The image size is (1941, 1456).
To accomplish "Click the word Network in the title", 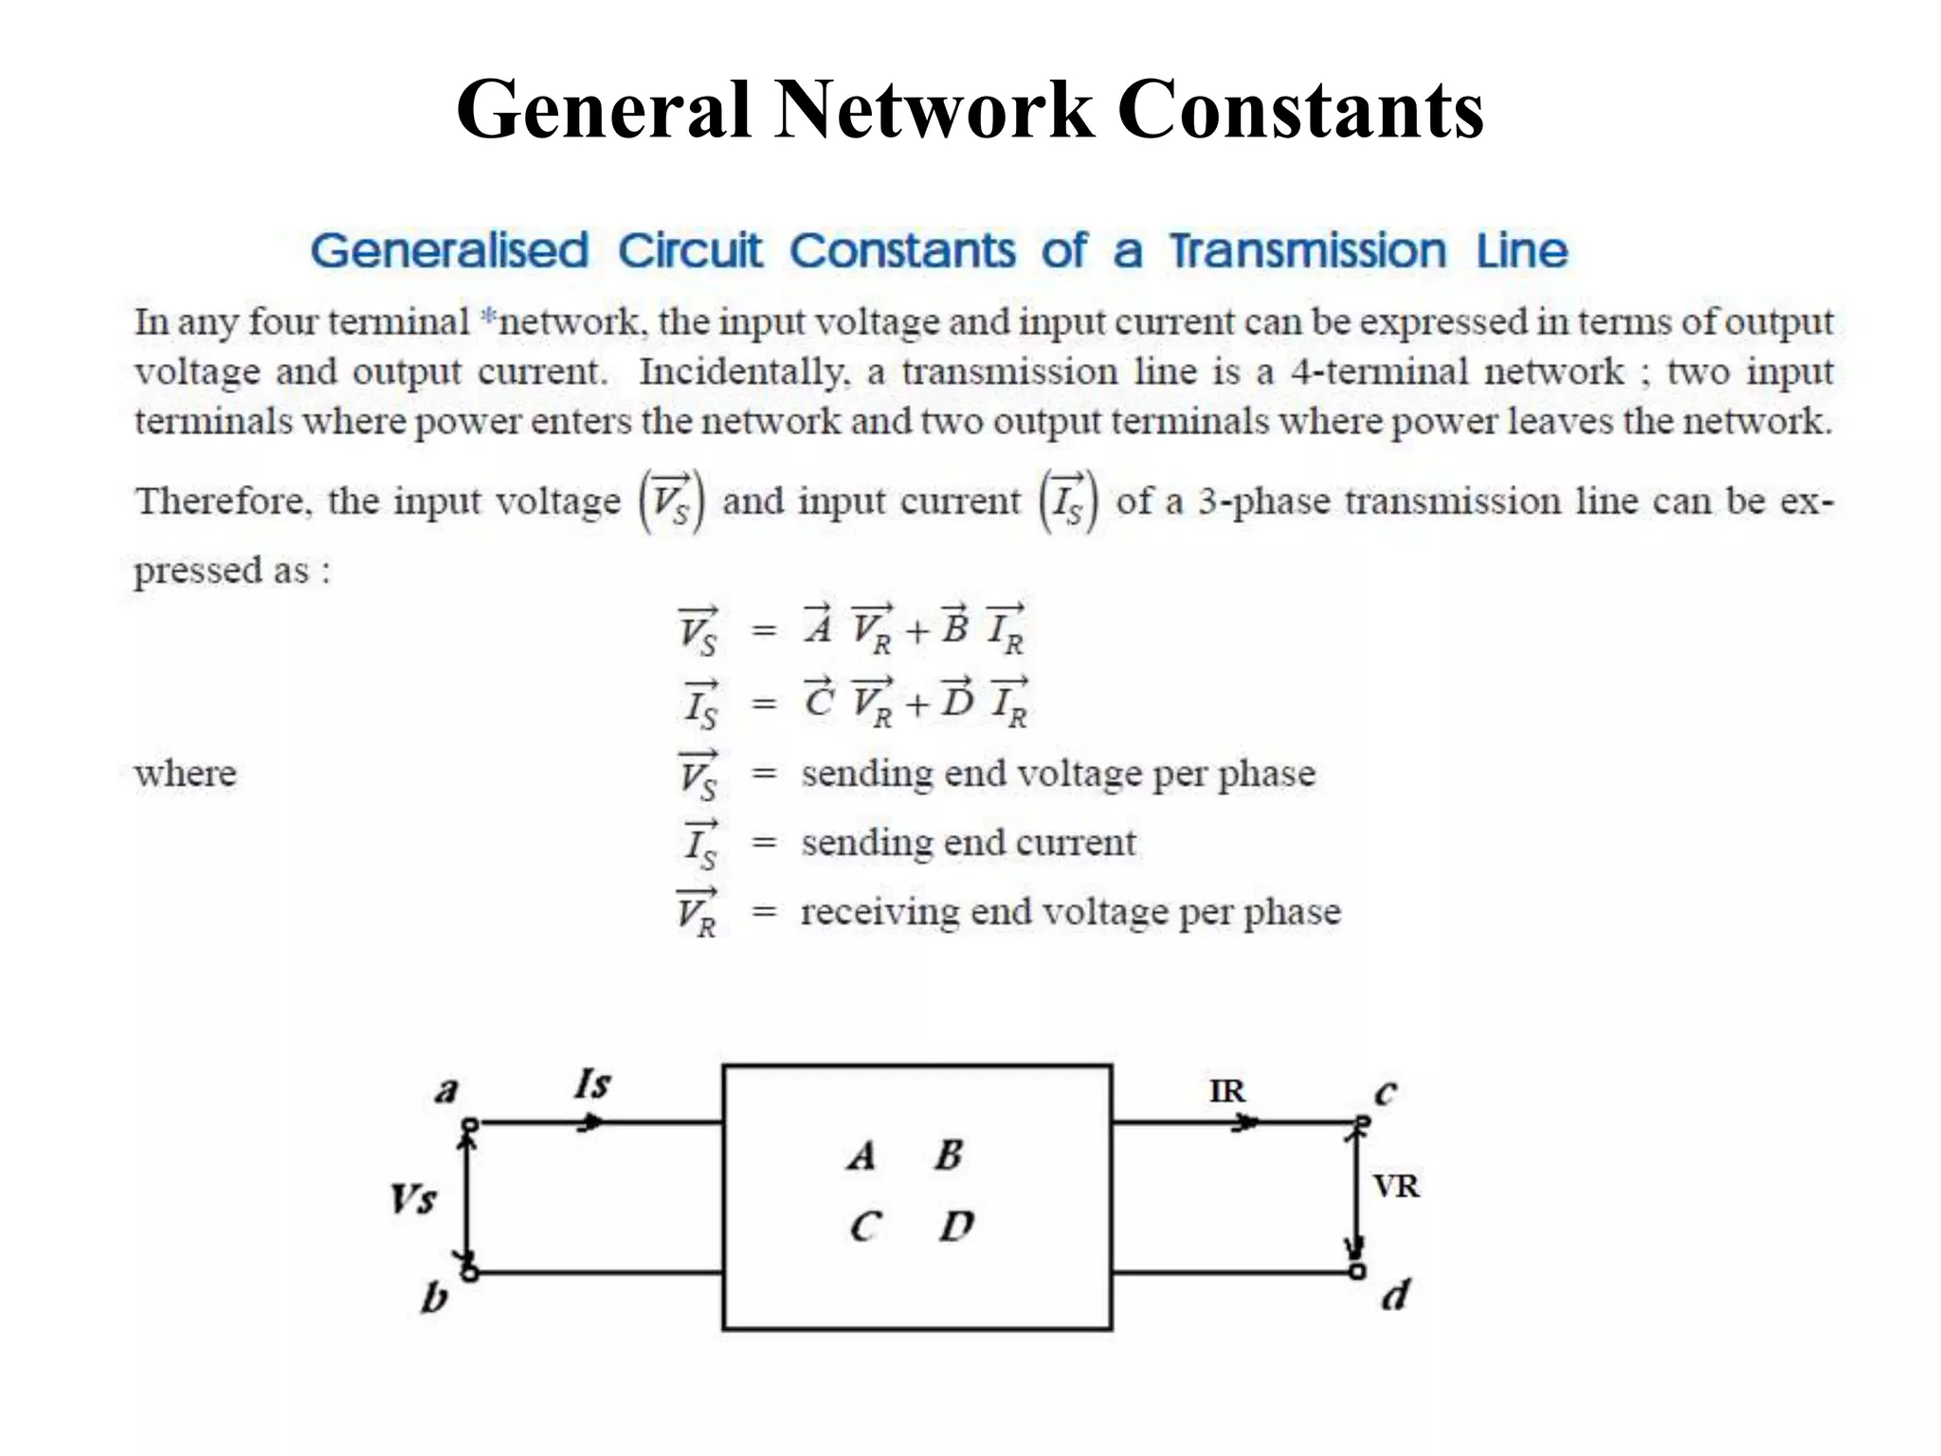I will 934,110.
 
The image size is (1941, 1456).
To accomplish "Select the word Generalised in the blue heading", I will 450,251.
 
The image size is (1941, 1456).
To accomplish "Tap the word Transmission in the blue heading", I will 1308,251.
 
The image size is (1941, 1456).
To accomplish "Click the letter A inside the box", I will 862,1156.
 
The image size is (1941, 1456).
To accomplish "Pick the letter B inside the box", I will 949,1155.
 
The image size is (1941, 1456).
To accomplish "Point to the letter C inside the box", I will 865,1227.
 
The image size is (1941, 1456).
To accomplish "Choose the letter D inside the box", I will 956,1227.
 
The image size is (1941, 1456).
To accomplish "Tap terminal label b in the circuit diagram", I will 434,1297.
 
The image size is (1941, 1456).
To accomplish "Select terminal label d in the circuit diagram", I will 1395,1295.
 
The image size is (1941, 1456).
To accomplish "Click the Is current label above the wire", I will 592,1083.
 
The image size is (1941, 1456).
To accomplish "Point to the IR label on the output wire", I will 1227,1091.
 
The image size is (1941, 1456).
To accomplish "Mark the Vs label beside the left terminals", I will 413,1199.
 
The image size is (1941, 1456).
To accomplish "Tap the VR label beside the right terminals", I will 1396,1186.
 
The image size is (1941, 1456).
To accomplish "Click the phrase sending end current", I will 968,842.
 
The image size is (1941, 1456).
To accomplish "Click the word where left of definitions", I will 186,773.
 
